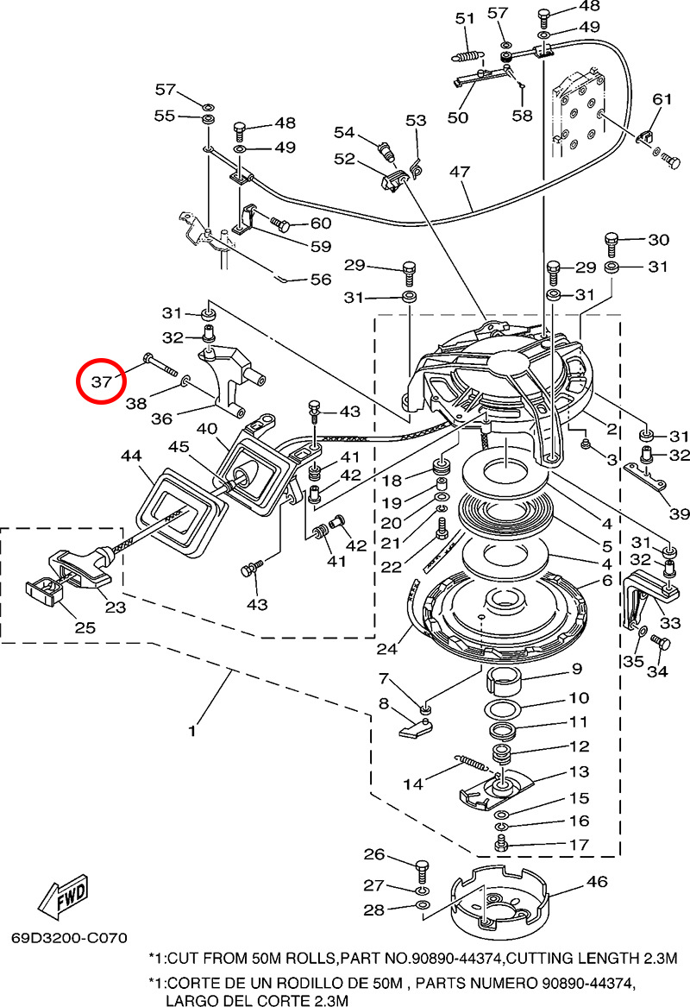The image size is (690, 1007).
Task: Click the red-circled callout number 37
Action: tap(103, 381)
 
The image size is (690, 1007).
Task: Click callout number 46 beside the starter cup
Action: tap(597, 882)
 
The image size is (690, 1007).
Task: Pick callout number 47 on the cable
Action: tap(459, 173)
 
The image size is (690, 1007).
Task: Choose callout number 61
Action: tap(662, 99)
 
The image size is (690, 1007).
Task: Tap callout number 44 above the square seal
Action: tap(131, 454)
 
